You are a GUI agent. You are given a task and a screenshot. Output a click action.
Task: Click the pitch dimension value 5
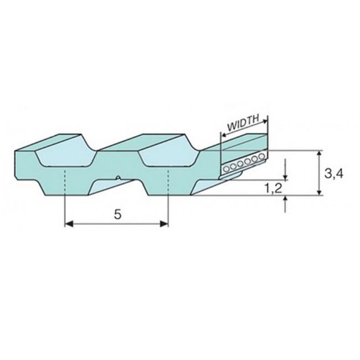[117, 215]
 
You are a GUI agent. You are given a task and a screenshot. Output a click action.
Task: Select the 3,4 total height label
[334, 174]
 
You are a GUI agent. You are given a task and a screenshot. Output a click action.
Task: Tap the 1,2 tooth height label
[273, 189]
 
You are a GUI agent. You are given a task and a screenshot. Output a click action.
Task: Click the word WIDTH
[243, 122]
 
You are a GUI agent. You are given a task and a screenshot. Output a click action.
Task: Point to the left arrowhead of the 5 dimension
[69, 224]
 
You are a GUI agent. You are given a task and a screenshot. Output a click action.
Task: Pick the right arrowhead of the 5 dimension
[164, 224]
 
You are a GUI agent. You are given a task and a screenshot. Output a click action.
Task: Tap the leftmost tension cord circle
[227, 169]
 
